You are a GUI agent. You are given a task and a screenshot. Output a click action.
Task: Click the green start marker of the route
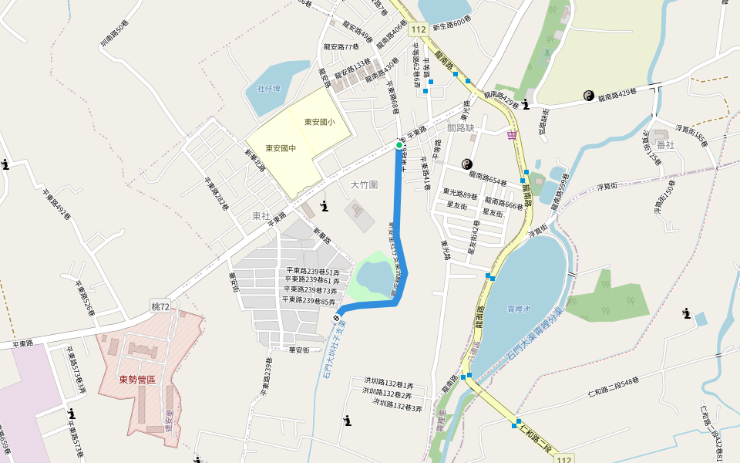coord(399,144)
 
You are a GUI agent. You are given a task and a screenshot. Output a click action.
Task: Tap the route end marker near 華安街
coord(337,317)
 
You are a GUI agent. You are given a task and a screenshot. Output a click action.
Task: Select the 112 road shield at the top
coord(419,29)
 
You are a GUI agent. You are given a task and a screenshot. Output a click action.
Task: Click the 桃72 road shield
coord(160,307)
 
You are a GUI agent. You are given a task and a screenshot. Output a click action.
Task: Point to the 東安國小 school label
coord(319,122)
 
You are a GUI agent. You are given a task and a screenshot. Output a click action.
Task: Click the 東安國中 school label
coord(281,148)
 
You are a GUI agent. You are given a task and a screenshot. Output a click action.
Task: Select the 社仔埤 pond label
coord(269,89)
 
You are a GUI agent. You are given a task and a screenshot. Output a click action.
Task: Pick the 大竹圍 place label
coord(365,185)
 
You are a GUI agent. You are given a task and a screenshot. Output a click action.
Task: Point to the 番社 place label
coord(665,146)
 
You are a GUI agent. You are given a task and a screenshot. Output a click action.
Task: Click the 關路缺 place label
coord(460,128)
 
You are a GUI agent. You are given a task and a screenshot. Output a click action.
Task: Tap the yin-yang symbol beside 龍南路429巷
coord(589,95)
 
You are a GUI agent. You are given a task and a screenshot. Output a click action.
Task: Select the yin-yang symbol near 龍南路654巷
coord(466,164)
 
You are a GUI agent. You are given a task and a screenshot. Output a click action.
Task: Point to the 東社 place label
coord(261,215)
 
